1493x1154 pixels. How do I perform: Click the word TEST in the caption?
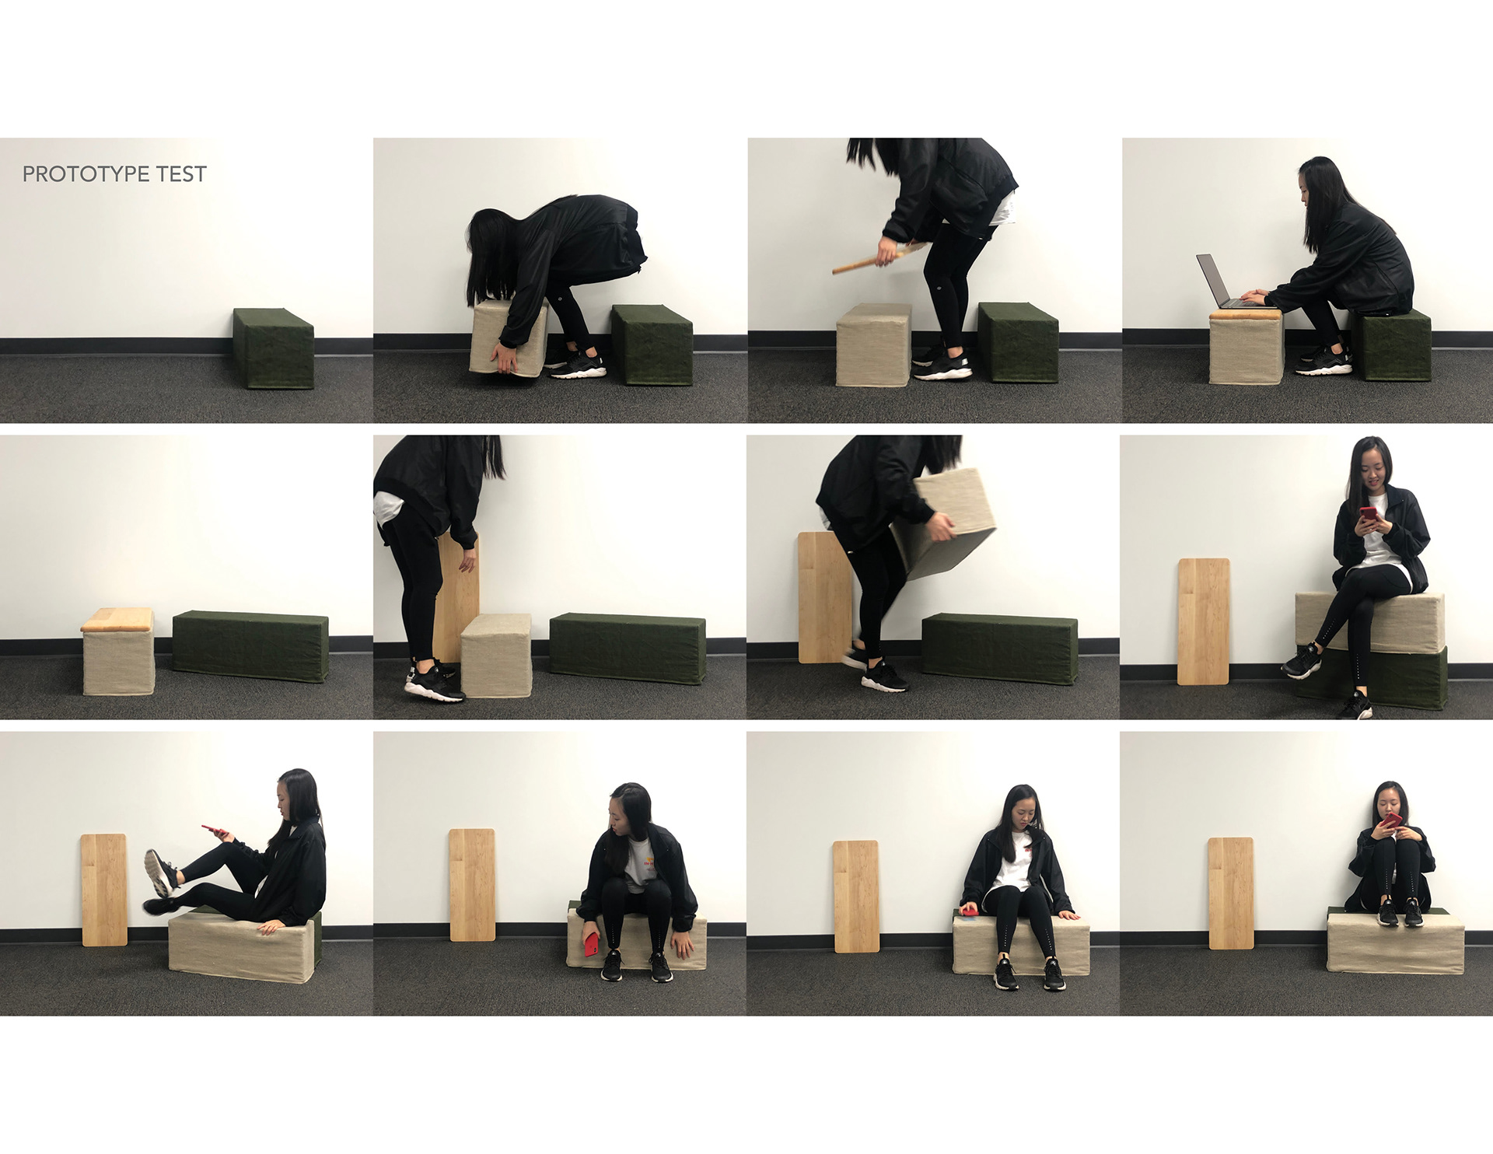181,174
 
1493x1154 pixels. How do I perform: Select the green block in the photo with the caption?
274,348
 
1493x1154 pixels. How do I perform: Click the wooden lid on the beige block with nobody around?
117,620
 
